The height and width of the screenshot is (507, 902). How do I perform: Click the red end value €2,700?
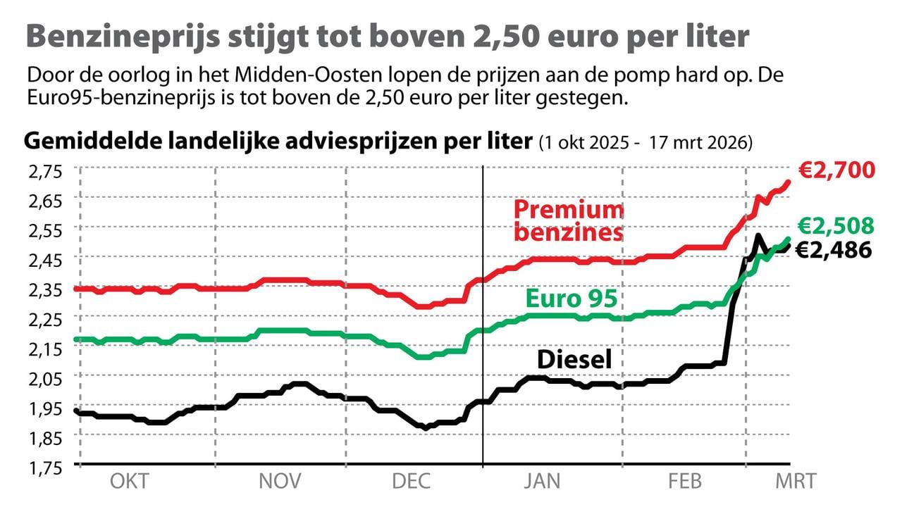click(x=836, y=171)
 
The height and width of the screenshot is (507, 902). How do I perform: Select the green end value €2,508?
click(x=836, y=226)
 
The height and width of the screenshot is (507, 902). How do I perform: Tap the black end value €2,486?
click(x=834, y=250)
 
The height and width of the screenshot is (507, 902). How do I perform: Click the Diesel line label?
click(x=574, y=360)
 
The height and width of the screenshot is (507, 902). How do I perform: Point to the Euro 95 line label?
click(x=572, y=299)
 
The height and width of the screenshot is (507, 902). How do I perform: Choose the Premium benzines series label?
click(x=568, y=220)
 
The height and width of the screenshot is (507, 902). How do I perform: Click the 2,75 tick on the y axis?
click(x=45, y=170)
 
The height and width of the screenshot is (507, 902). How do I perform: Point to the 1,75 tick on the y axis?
click(x=45, y=467)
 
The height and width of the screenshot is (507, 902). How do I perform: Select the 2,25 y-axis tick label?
click(x=45, y=319)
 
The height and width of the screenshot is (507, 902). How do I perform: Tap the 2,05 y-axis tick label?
click(x=45, y=378)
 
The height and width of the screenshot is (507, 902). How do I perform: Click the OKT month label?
click(x=130, y=482)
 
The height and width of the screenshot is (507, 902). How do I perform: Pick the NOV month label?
click(x=280, y=482)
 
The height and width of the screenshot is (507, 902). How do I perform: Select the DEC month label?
click(x=412, y=482)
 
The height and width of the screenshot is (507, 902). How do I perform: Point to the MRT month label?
click(x=796, y=482)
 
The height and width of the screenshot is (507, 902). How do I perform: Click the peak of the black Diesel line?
click(x=757, y=235)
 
